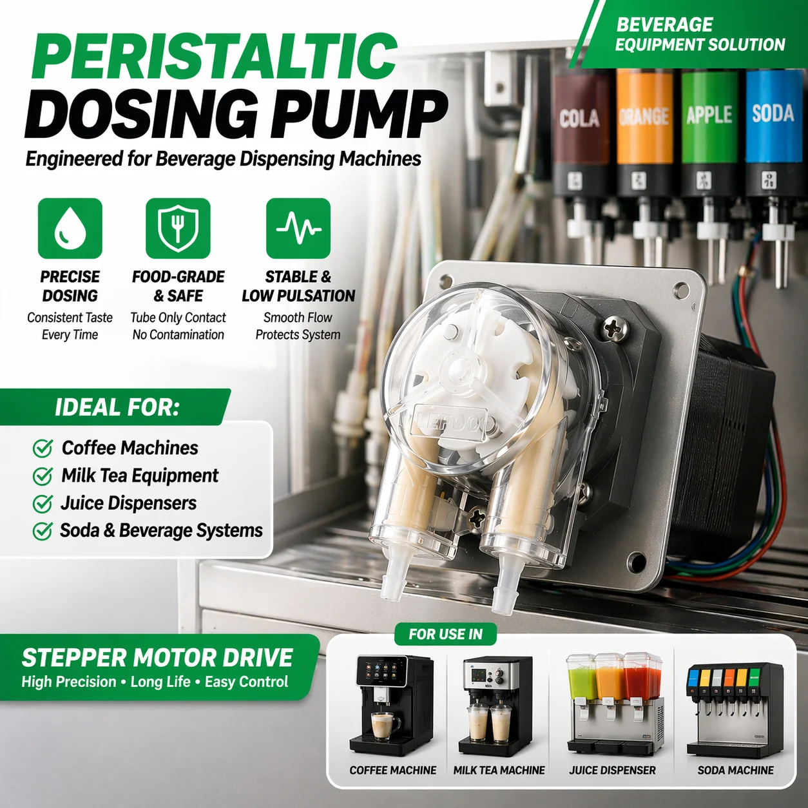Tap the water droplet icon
tap(70, 229)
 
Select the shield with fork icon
tap(178, 229)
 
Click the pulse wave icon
tap(298, 229)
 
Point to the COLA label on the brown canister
tap(579, 118)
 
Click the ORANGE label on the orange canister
tap(644, 116)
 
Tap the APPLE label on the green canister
tap(709, 115)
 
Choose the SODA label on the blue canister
tap(773, 113)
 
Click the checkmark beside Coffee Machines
tap(43, 448)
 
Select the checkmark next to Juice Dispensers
tap(43, 503)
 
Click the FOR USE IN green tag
tap(445, 635)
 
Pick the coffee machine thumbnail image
tap(391, 706)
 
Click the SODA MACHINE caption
tap(735, 770)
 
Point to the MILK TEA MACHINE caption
tap(499, 770)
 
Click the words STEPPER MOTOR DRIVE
tap(157, 658)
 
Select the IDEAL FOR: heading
tap(117, 407)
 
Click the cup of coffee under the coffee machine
tap(385, 726)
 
